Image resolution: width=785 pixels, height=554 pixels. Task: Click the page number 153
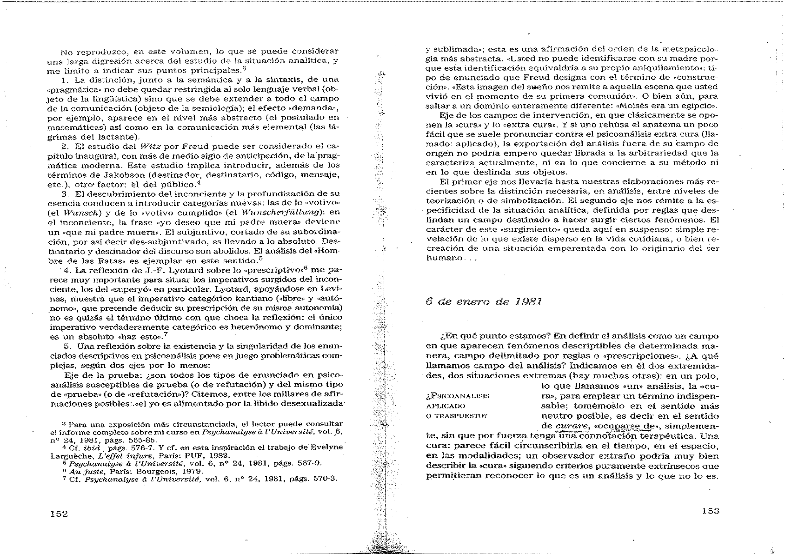710,511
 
